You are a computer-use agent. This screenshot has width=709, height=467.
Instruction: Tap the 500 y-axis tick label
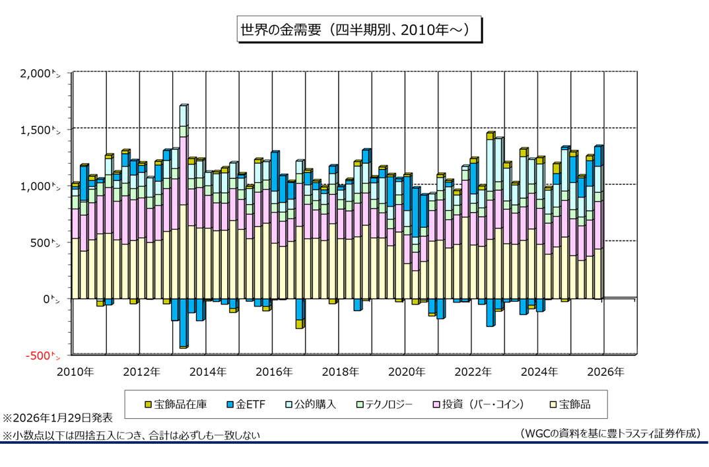coord(46,242)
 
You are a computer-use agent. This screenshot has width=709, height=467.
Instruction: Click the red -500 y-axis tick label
coord(42,355)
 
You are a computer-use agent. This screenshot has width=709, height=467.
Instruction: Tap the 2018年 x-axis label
coord(341,372)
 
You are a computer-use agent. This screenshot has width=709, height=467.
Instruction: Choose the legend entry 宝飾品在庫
coord(175,404)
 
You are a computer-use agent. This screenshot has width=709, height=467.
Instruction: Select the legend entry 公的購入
coord(310,404)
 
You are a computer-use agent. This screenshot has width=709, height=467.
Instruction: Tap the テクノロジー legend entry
coord(384,404)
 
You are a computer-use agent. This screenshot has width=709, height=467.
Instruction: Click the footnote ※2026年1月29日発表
coord(57,418)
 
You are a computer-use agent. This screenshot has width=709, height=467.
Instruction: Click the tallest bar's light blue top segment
coord(183,115)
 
